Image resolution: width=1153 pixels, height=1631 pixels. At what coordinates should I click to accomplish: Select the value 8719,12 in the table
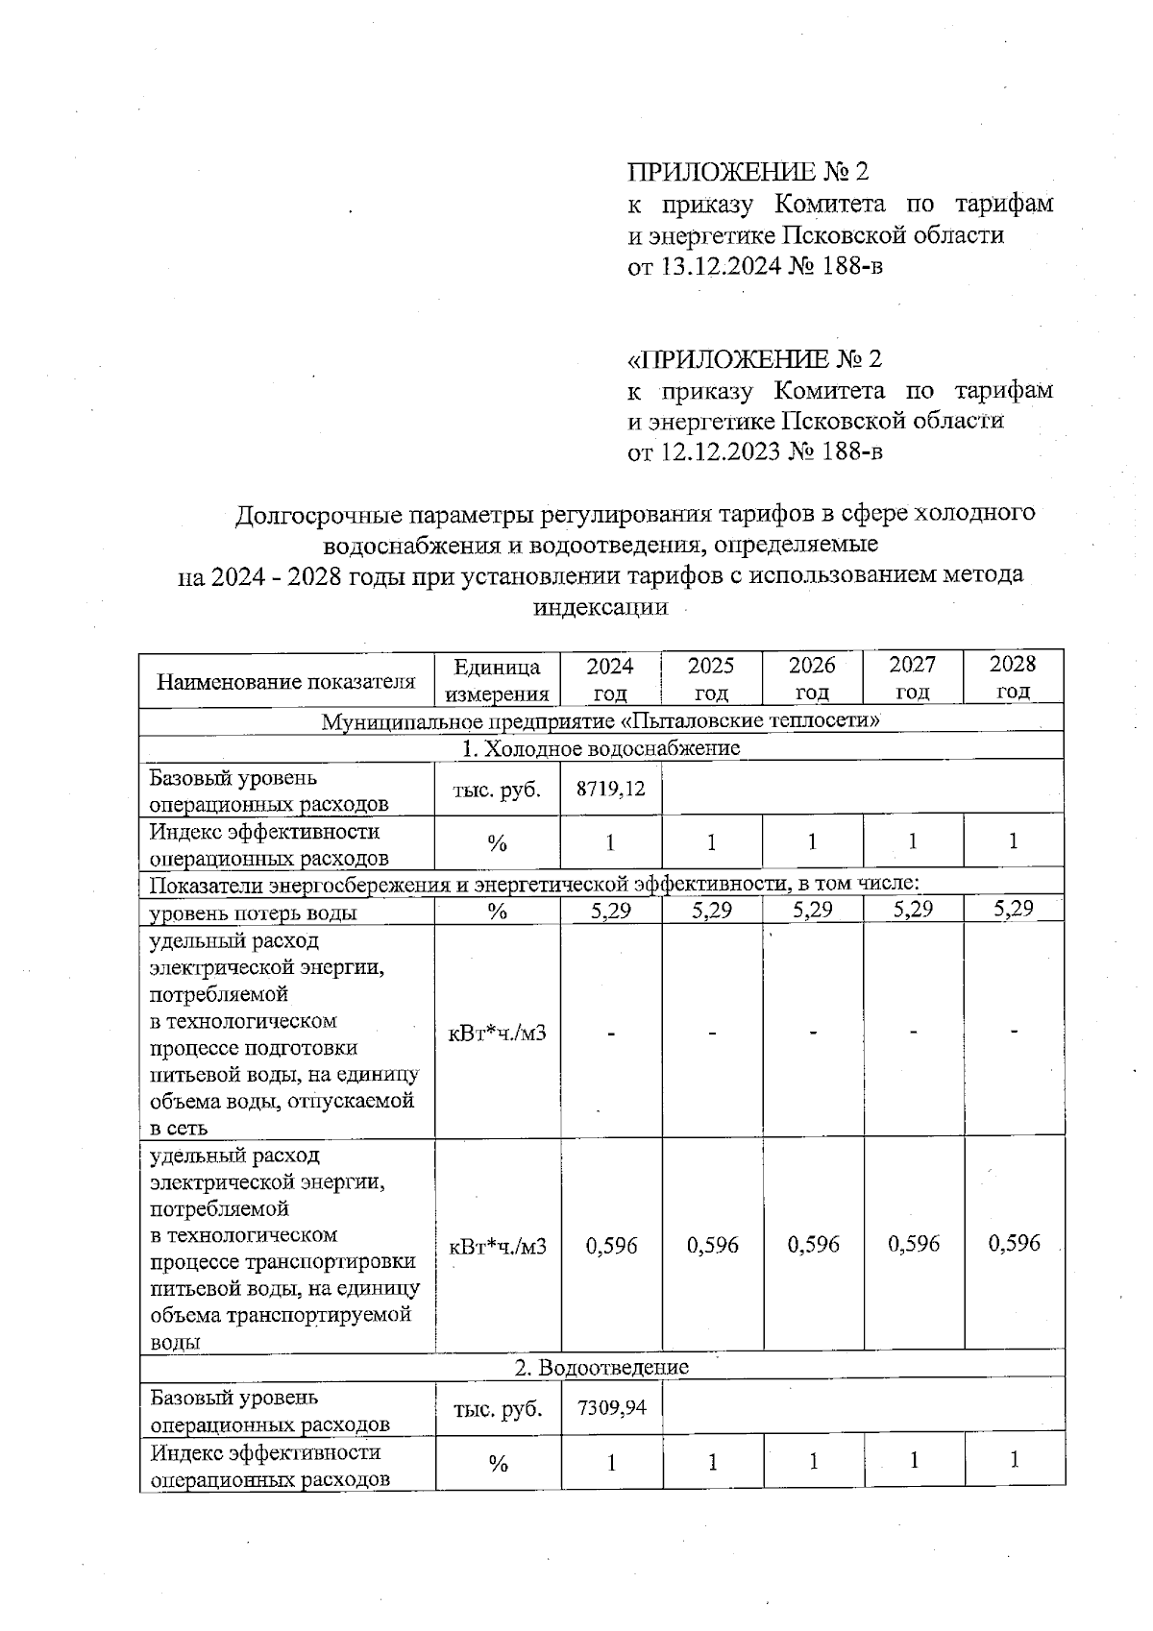coord(611,790)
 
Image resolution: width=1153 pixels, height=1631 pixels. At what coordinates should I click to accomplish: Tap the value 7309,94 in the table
coord(611,1408)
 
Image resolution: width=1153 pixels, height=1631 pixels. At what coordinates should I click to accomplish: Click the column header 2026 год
coord(812,678)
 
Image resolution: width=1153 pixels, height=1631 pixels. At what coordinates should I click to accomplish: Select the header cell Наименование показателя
coord(286,682)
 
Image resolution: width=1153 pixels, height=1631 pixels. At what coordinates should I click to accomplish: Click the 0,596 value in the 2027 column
coord(914,1245)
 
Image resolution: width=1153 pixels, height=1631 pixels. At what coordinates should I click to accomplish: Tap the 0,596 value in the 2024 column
coord(611,1246)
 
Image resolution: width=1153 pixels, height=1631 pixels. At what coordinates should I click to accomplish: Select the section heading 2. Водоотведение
coord(601,1367)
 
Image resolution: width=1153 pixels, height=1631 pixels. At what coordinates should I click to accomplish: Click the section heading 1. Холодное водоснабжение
coord(601,748)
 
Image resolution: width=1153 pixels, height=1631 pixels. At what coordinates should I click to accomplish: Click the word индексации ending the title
coord(601,607)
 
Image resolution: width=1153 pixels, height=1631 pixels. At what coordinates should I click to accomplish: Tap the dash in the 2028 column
coord(1015,1032)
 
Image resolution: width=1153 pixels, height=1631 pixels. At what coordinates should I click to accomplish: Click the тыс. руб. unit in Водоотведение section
coord(498,1409)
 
